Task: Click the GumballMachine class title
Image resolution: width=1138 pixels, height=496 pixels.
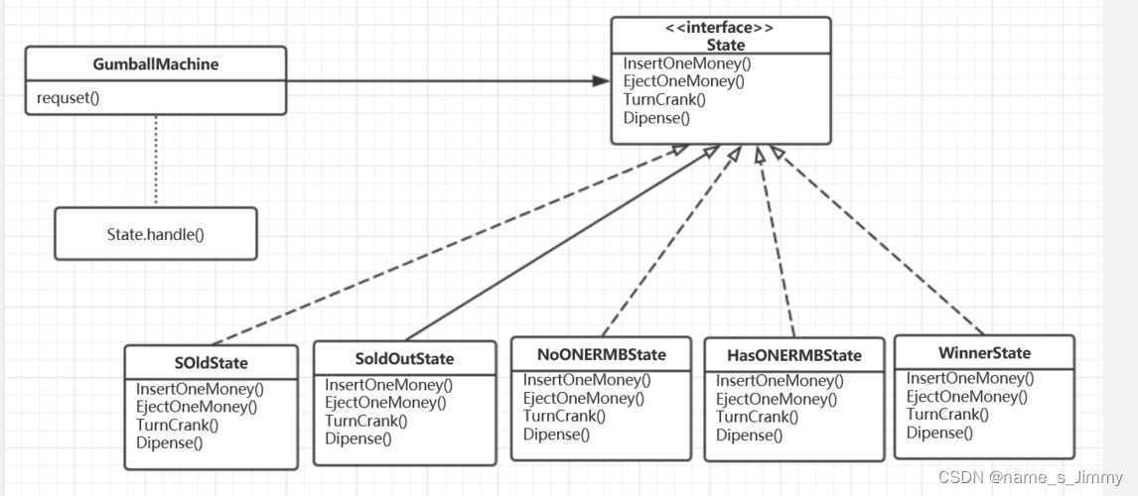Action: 156,64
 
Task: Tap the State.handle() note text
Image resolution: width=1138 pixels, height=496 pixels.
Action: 155,234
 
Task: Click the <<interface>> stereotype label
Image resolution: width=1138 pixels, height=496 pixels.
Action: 720,29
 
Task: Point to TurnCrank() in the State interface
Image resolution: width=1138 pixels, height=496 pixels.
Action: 664,99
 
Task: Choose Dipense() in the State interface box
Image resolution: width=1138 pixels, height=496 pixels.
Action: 656,117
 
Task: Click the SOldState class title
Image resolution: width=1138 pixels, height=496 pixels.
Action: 211,362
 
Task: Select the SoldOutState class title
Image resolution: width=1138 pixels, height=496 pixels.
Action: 405,359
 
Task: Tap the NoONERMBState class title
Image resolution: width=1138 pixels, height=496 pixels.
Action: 602,354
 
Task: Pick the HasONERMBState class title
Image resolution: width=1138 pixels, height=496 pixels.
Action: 794,356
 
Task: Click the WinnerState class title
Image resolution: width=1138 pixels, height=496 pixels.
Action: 984,353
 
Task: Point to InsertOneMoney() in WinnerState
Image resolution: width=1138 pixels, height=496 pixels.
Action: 969,378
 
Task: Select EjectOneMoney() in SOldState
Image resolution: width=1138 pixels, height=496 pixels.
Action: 196,407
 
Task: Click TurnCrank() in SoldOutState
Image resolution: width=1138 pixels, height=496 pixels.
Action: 365,420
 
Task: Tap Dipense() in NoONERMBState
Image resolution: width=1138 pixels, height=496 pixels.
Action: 556,434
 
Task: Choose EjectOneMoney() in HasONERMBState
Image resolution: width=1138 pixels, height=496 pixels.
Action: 777,399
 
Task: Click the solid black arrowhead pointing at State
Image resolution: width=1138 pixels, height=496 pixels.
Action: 601,80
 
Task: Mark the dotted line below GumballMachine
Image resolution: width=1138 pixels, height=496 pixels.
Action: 155,161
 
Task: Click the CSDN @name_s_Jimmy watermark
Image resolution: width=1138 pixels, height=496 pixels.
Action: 1030,476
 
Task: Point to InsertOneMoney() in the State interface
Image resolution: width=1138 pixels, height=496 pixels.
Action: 686,63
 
